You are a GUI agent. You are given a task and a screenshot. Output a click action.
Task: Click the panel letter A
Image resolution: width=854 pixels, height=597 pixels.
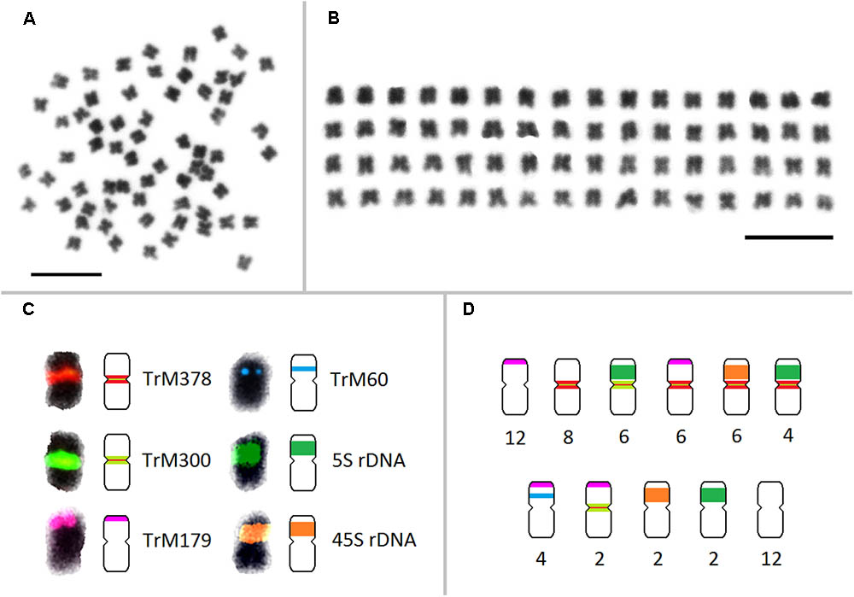point(29,22)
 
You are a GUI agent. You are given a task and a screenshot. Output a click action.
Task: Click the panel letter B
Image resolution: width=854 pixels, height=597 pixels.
point(335,22)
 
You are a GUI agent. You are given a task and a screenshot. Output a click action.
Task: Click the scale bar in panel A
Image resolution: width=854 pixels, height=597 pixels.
point(66,274)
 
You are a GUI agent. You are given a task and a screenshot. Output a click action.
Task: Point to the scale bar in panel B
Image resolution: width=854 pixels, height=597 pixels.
point(788,237)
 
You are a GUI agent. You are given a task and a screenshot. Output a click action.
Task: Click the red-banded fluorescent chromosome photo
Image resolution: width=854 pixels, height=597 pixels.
point(65,378)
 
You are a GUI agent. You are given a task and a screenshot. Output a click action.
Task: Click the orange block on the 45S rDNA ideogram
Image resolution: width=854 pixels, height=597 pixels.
point(303,530)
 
